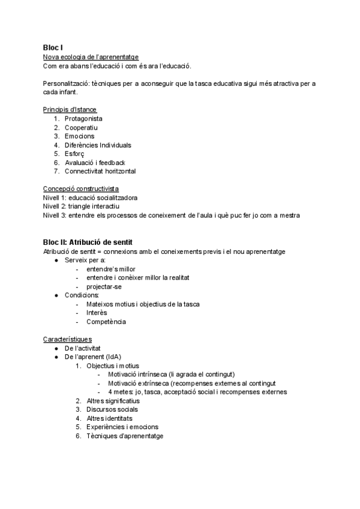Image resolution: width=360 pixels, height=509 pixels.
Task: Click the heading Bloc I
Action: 53,47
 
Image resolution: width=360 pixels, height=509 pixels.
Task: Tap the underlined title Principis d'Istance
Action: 70,109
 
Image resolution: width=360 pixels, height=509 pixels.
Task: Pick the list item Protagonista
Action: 83,118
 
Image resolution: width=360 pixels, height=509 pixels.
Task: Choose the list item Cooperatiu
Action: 81,127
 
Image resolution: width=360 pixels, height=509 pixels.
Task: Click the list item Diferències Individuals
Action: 98,145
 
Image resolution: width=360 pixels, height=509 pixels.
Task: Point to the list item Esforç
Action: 74,154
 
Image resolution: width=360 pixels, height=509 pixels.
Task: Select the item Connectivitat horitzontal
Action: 100,171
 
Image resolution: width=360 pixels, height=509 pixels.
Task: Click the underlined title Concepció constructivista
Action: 80,188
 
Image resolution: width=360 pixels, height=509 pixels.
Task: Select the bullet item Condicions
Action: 82,295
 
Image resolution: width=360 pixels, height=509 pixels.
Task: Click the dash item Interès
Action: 97,313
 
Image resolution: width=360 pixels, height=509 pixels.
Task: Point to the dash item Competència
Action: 106,322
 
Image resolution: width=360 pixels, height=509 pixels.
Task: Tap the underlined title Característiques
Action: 67,339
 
